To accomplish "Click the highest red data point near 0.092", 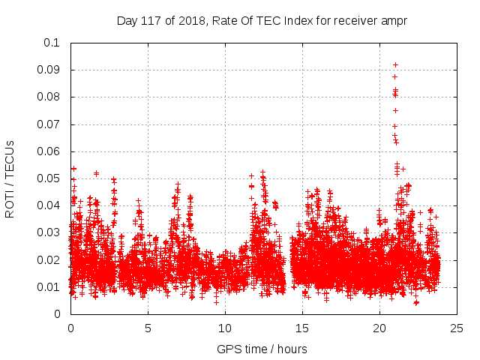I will coord(395,64).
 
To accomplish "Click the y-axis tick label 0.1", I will coord(51,43).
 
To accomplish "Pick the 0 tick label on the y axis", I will coord(57,314).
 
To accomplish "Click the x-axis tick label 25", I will coord(457,328).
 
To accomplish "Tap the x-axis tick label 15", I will coord(302,328).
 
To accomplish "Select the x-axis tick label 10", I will coord(225,328).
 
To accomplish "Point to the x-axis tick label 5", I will coord(148,328).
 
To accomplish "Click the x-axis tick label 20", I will coord(379,328).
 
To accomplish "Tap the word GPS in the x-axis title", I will coord(227,349).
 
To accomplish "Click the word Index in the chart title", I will coord(293,20).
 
